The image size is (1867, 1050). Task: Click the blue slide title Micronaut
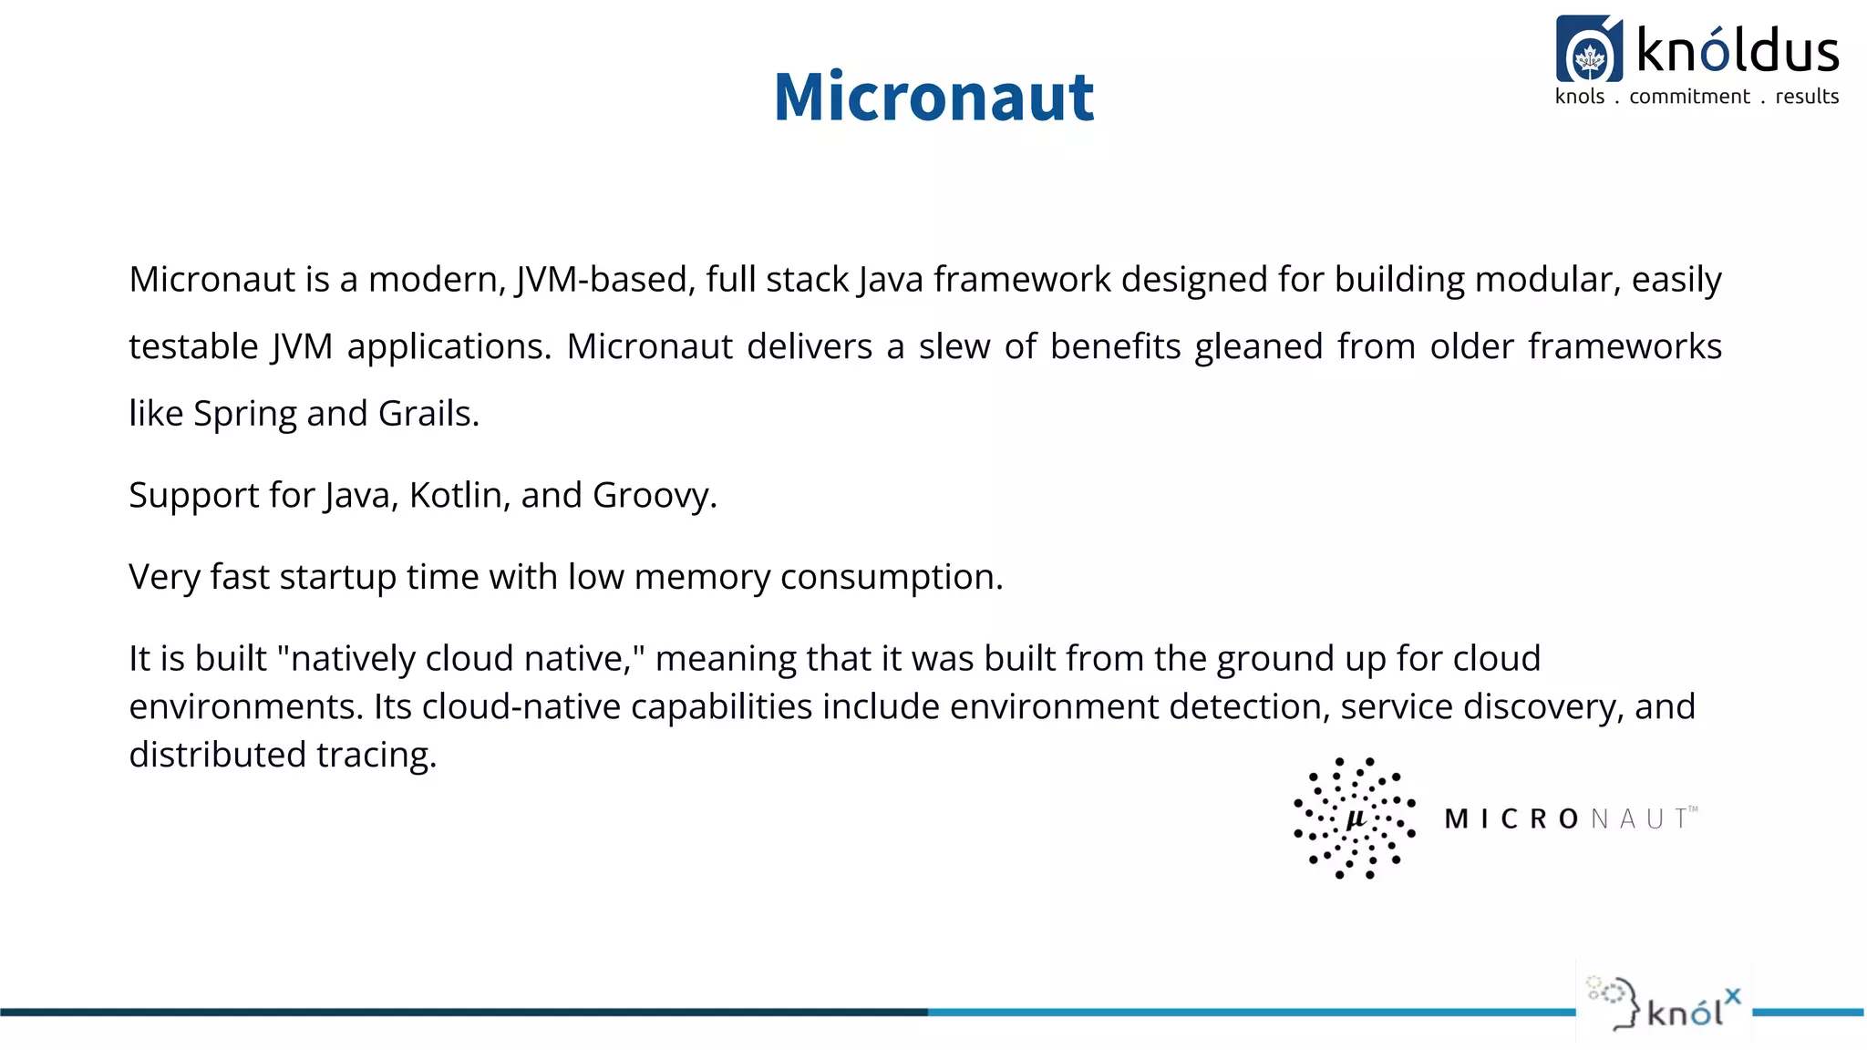tap(933, 97)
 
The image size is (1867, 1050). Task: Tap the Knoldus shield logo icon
tap(1589, 50)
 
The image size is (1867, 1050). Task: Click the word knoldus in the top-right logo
tap(1738, 50)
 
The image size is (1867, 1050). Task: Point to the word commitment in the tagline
tap(1689, 97)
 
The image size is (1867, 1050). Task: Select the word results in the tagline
tap(1807, 97)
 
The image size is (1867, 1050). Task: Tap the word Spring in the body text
tap(245, 414)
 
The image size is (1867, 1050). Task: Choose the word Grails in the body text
tap(428, 414)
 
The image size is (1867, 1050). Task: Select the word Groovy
tap(654, 495)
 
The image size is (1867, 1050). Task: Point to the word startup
tap(337, 577)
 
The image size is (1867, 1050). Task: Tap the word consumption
tap(891, 577)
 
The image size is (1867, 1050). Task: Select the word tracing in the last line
tap(376, 755)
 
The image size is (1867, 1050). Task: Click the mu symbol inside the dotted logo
tap(1356, 818)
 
